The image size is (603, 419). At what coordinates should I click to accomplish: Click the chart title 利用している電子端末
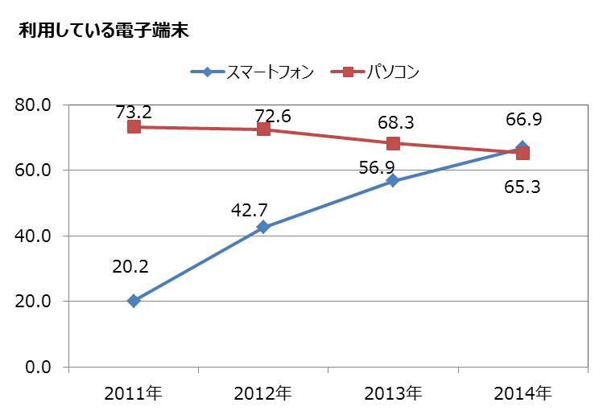tap(102, 31)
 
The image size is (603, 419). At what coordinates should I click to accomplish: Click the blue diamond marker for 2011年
tap(134, 301)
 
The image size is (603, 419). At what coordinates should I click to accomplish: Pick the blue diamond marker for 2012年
tap(263, 227)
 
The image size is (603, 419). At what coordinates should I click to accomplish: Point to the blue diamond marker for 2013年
tap(393, 181)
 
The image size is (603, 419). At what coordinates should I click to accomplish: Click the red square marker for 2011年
tap(134, 127)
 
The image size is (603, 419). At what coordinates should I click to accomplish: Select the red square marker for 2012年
tap(263, 129)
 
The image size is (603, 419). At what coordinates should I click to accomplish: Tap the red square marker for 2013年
tap(393, 143)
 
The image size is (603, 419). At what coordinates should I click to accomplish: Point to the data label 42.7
tap(248, 212)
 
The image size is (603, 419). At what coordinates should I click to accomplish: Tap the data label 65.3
tap(522, 187)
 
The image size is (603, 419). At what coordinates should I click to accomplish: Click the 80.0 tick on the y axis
tap(35, 105)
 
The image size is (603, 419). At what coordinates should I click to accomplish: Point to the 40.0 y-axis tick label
tap(35, 236)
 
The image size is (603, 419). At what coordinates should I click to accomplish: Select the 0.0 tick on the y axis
tap(39, 368)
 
